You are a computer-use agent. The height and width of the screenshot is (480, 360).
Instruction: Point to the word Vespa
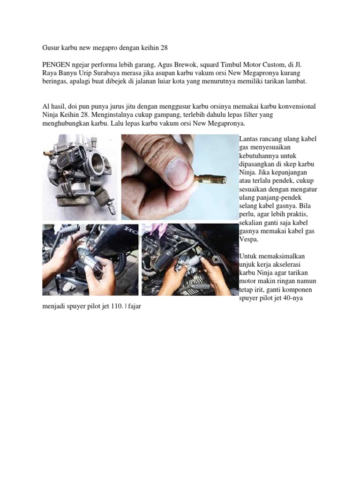pos(248,240)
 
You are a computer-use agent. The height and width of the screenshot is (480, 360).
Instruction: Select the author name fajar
pos(135,306)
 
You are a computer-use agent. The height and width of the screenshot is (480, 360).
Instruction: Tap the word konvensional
pos(297,106)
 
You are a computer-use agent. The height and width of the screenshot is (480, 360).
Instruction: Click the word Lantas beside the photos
pos(248,139)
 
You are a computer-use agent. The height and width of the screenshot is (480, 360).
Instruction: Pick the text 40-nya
pos(292,298)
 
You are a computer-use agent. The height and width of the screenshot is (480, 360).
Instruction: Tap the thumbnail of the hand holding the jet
pos(180,177)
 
